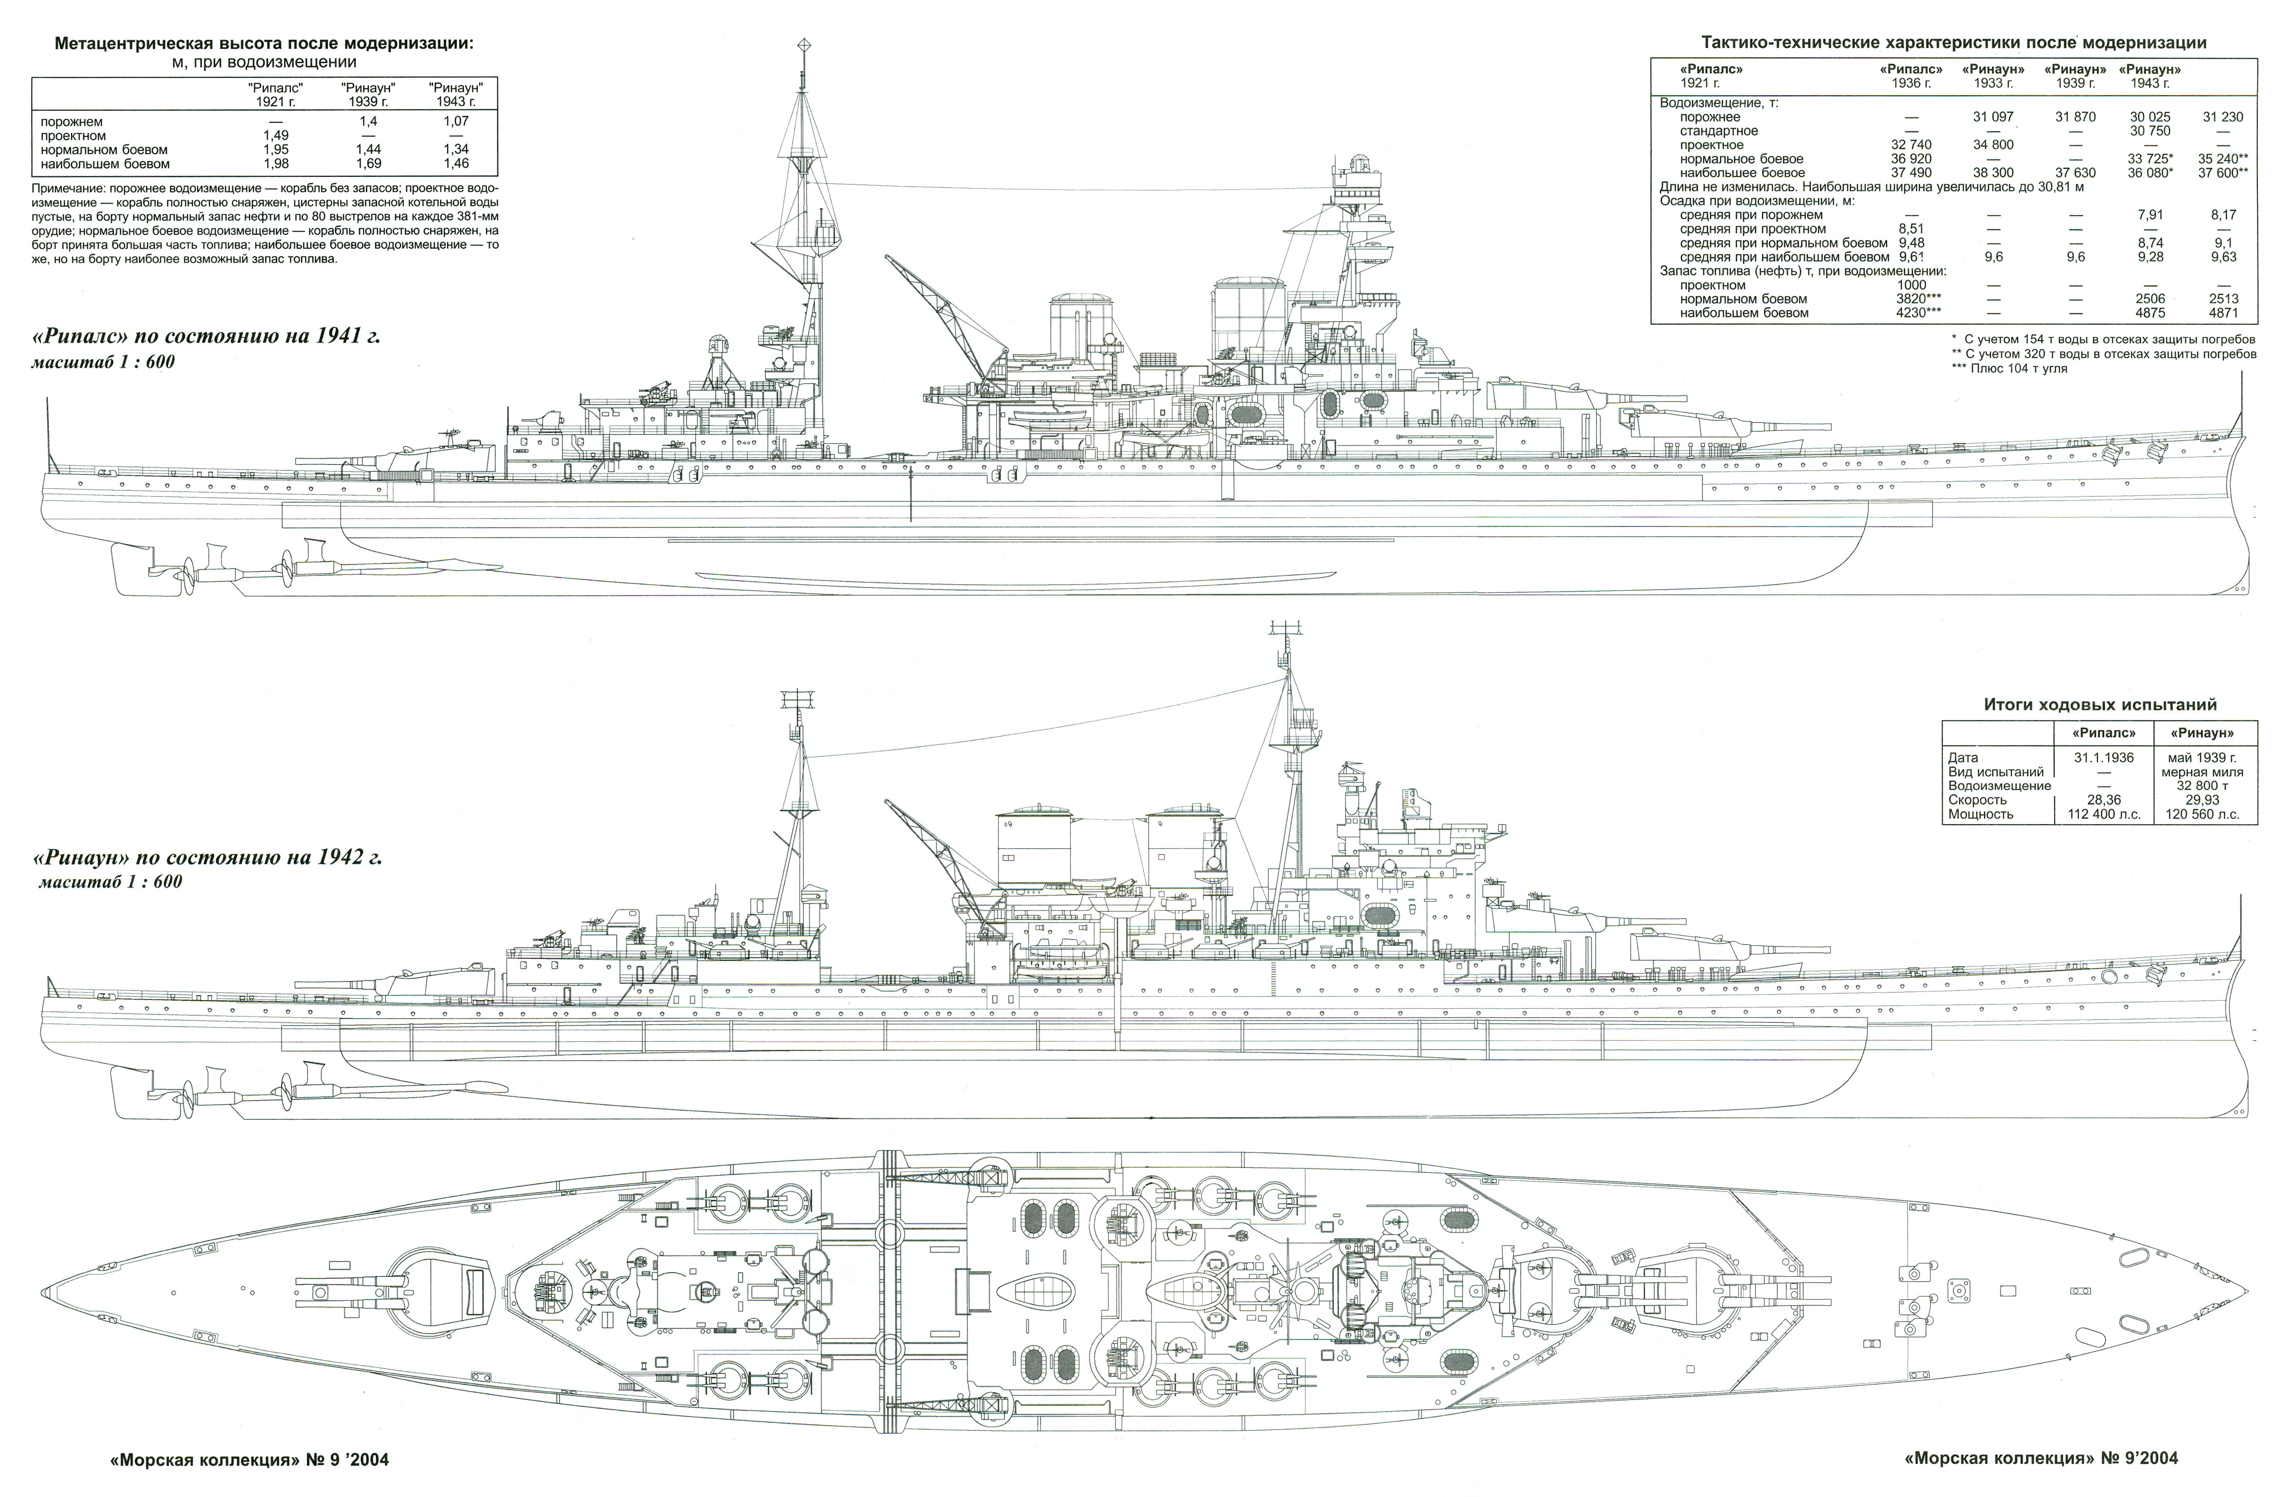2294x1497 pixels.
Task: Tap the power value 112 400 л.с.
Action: pos(2103,814)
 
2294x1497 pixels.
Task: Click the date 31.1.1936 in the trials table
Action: pos(2103,758)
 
